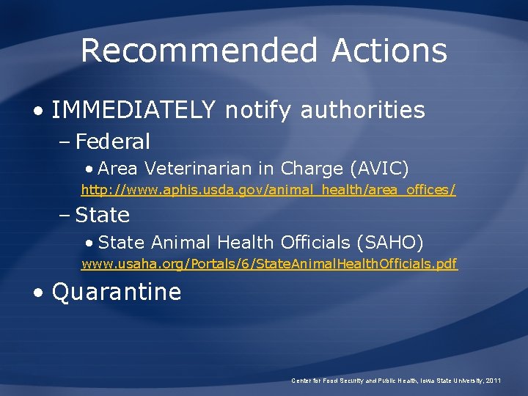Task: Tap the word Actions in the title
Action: [389, 51]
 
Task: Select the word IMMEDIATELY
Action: [134, 110]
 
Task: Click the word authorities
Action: [362, 110]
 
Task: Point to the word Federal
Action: [113, 141]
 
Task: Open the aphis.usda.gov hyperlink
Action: [268, 191]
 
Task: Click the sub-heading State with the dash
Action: [103, 215]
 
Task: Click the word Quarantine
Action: [117, 292]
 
